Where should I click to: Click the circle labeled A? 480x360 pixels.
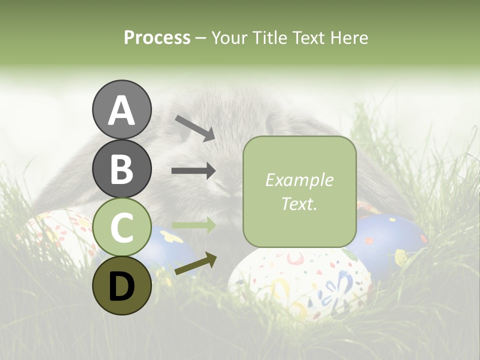121,109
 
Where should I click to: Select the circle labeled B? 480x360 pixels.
121,168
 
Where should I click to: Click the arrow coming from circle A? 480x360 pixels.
194,128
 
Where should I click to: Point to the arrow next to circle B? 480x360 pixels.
193,171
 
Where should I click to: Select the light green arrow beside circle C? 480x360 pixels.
193,225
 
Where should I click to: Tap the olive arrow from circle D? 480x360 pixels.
195,264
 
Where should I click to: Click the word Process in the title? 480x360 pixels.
157,37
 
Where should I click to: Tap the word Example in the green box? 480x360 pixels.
299,180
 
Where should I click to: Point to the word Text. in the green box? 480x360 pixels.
299,203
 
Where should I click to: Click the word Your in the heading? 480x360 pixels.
229,37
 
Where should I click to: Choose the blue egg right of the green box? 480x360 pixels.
390,240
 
